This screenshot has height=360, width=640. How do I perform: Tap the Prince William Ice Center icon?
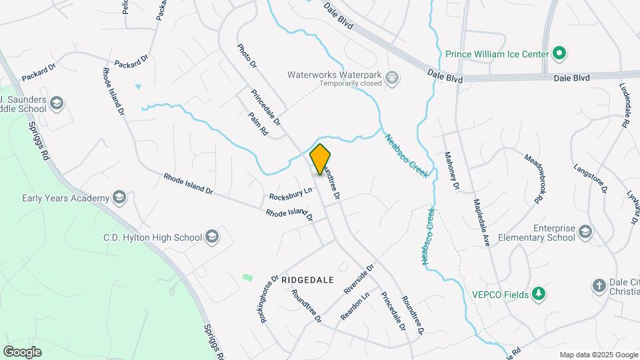560,53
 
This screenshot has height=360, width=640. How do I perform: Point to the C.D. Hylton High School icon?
211,237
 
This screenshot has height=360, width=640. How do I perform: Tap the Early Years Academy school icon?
119,198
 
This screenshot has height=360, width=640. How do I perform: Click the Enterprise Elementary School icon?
585,232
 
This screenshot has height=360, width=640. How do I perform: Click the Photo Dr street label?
247,57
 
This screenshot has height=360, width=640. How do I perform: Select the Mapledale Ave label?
481,223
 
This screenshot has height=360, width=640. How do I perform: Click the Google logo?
22,351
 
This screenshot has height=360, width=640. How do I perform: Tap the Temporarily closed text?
350,84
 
